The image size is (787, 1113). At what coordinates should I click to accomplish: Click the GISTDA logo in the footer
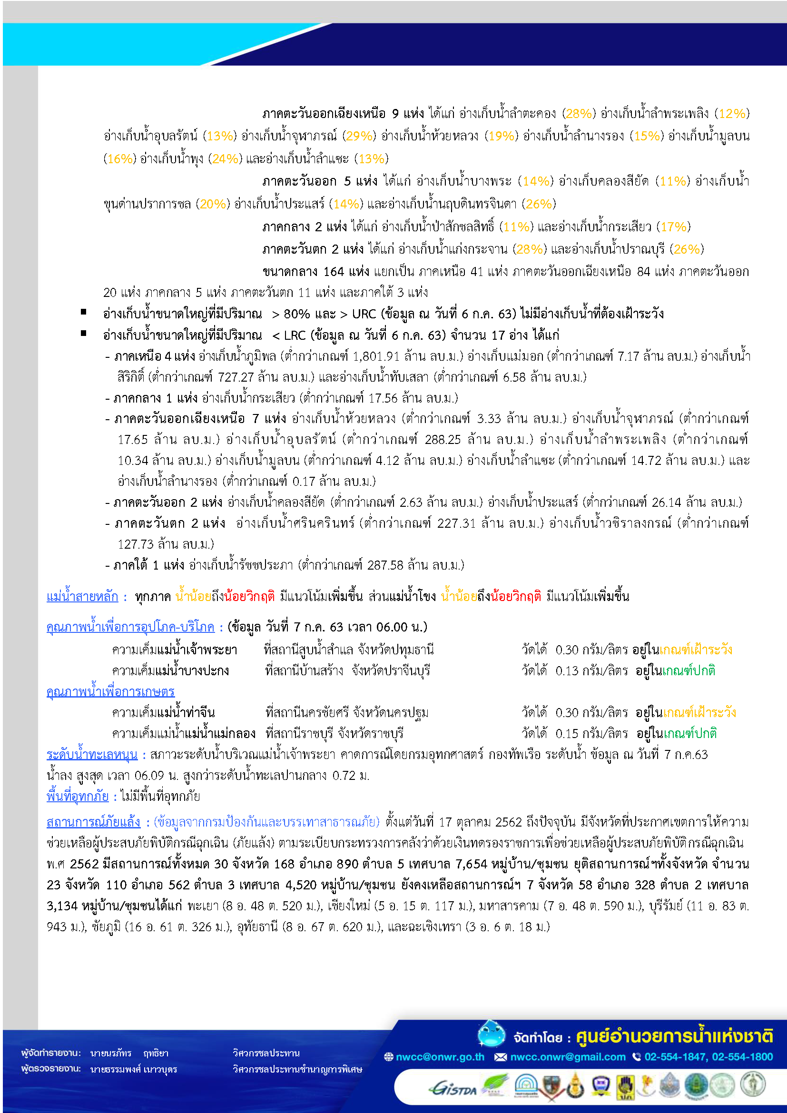453,1089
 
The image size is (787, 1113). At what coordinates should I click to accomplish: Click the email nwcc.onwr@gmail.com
568,1057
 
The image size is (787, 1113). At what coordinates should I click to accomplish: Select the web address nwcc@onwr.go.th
440,1057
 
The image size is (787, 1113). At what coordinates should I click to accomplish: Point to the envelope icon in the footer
500,1057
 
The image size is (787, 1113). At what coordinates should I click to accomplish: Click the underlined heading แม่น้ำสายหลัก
82,596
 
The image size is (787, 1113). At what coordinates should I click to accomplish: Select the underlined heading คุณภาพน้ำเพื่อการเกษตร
110,691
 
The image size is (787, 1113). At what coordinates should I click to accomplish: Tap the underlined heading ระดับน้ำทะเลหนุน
91,755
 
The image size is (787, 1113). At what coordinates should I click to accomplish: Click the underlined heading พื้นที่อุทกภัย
77,796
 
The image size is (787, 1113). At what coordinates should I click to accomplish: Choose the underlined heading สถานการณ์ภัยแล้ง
93,822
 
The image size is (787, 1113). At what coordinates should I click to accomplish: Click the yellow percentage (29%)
359,136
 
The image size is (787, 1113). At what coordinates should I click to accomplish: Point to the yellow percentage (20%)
213,204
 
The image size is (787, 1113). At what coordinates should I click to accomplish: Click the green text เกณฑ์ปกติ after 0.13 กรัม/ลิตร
688,671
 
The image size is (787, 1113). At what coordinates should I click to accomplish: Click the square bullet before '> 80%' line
83,312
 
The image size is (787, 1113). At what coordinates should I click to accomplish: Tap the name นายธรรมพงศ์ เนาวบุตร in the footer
133,1069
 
